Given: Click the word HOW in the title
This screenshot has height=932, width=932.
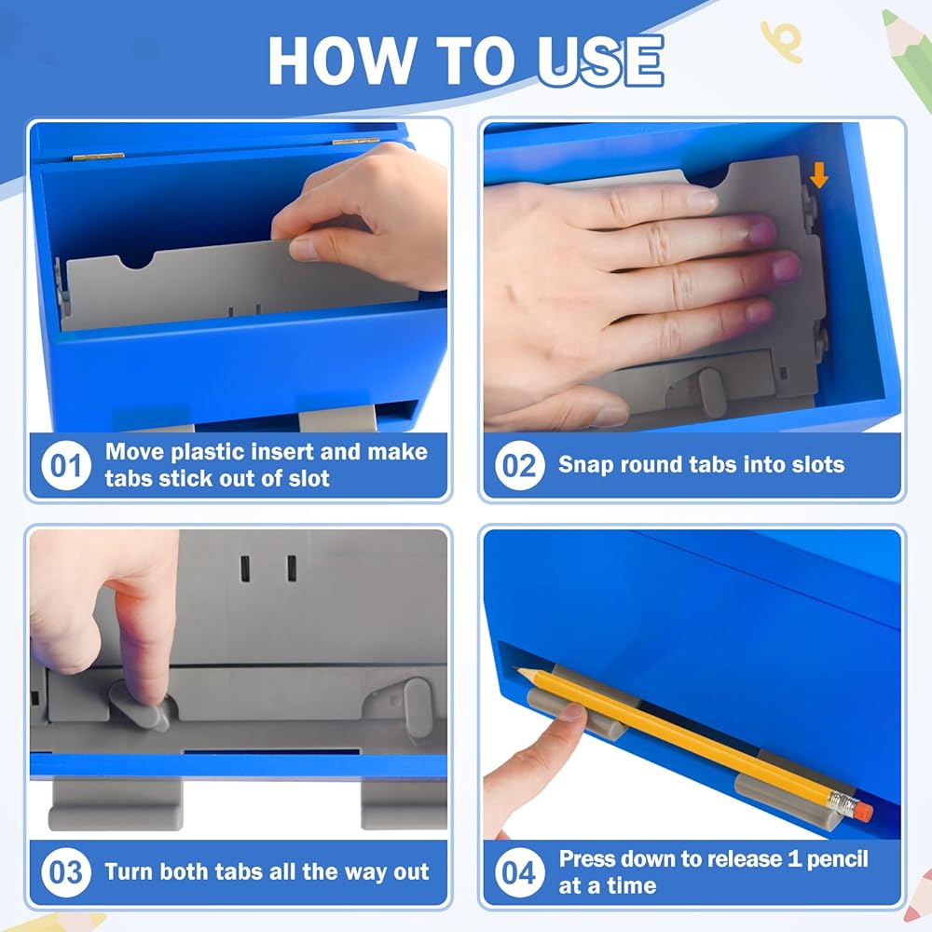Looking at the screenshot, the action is tap(341, 61).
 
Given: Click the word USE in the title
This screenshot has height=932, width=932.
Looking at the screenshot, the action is tap(600, 61).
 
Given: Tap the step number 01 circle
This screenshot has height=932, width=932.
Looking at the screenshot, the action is tap(66, 465).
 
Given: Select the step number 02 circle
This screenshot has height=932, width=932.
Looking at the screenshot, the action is tap(519, 465).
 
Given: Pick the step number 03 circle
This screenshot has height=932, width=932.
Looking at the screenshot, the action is tap(66, 872).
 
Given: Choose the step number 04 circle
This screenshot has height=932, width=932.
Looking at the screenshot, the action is tap(519, 872).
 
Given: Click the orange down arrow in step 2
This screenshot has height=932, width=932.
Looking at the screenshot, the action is tap(819, 175).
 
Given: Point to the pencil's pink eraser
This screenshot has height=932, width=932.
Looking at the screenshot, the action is tap(864, 811).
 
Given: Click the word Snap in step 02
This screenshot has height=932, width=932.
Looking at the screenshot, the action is tap(585, 465).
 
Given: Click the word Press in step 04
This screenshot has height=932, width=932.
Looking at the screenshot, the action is tap(587, 859).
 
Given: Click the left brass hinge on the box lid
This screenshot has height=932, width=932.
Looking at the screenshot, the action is tap(98, 157).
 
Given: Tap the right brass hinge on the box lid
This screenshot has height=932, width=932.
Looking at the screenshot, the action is tap(355, 142).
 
